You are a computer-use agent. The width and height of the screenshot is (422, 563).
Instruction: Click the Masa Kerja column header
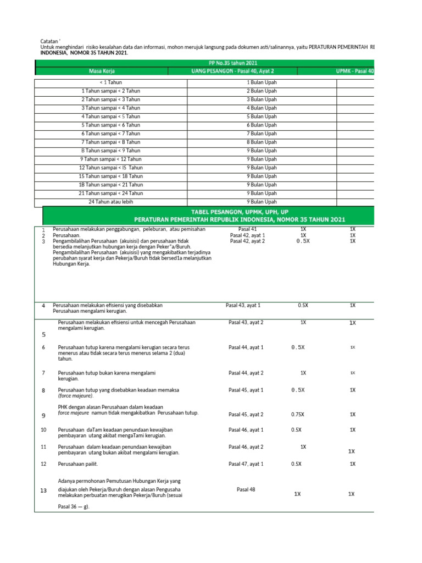click(102, 71)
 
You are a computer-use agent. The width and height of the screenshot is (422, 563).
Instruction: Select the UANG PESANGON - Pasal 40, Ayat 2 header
click(229, 71)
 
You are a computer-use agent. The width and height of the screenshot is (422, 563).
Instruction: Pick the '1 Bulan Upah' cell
click(262, 82)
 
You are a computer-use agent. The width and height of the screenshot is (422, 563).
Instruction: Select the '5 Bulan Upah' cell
click(262, 117)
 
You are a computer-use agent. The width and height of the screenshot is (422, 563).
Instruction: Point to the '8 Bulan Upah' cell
click(262, 142)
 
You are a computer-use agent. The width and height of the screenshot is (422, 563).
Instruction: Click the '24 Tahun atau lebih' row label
click(112, 202)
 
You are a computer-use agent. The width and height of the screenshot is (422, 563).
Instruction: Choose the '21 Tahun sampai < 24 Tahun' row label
click(112, 193)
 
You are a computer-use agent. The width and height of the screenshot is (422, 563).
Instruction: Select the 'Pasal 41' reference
click(247, 229)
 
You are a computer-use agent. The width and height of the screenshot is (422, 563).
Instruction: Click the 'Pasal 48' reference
click(246, 489)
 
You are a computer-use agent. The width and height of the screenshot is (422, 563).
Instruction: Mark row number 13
click(43, 490)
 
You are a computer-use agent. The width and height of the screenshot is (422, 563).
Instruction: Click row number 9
click(43, 416)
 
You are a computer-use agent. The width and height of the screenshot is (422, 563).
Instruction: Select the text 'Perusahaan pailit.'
click(78, 464)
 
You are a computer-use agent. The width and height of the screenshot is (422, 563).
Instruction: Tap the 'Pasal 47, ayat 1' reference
click(246, 464)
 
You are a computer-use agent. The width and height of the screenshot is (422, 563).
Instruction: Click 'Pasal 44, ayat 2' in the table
click(246, 373)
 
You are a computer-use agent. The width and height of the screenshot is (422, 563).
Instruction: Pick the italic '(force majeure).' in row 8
click(76, 396)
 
